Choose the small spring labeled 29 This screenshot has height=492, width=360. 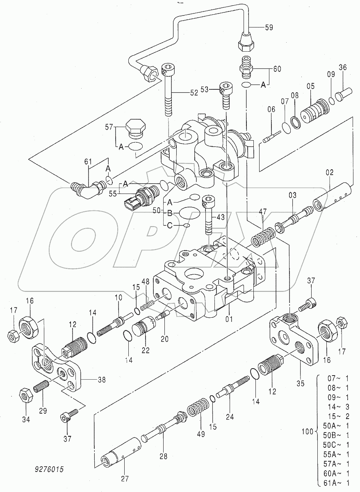click(x=41, y=386)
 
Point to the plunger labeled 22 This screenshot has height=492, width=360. click(x=146, y=330)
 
